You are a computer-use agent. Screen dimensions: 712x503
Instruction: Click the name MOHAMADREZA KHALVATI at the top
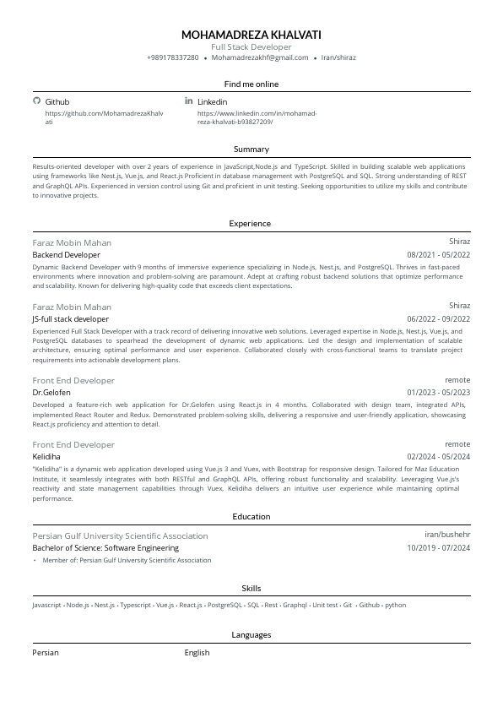pyautogui.click(x=251, y=35)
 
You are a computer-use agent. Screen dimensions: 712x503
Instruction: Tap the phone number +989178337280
pyautogui.click(x=172, y=57)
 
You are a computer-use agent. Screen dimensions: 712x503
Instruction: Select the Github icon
pyautogui.click(x=36, y=101)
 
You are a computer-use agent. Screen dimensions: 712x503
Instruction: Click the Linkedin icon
pyautogui.click(x=188, y=101)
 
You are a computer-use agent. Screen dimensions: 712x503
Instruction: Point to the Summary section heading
pyautogui.click(x=251, y=149)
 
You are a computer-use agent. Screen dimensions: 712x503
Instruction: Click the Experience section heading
pyautogui.click(x=251, y=224)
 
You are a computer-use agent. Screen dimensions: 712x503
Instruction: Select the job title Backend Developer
pyautogui.click(x=66, y=254)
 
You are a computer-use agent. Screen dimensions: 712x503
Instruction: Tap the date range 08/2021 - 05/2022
pyautogui.click(x=438, y=254)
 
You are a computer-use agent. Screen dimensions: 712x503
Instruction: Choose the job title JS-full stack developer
pyautogui.click(x=70, y=319)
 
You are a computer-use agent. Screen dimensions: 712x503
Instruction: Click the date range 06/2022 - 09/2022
pyautogui.click(x=438, y=319)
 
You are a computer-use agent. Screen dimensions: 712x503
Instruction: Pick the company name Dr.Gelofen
pyautogui.click(x=51, y=393)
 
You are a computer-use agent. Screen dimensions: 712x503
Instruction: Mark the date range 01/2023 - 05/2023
pyautogui.click(x=438, y=393)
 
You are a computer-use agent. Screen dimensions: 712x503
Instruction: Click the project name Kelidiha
pyautogui.click(x=47, y=456)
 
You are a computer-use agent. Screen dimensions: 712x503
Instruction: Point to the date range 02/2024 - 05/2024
pyautogui.click(x=438, y=456)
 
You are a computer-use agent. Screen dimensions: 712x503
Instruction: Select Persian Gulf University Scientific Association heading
pyautogui.click(x=120, y=535)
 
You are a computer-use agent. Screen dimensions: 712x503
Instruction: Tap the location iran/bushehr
pyautogui.click(x=447, y=535)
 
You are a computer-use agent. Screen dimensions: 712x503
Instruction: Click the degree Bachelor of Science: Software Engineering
pyautogui.click(x=105, y=548)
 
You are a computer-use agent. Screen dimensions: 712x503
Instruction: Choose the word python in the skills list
pyautogui.click(x=395, y=606)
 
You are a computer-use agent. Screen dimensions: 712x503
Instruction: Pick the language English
pyautogui.click(x=197, y=653)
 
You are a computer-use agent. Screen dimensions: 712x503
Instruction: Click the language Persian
pyautogui.click(x=46, y=653)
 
